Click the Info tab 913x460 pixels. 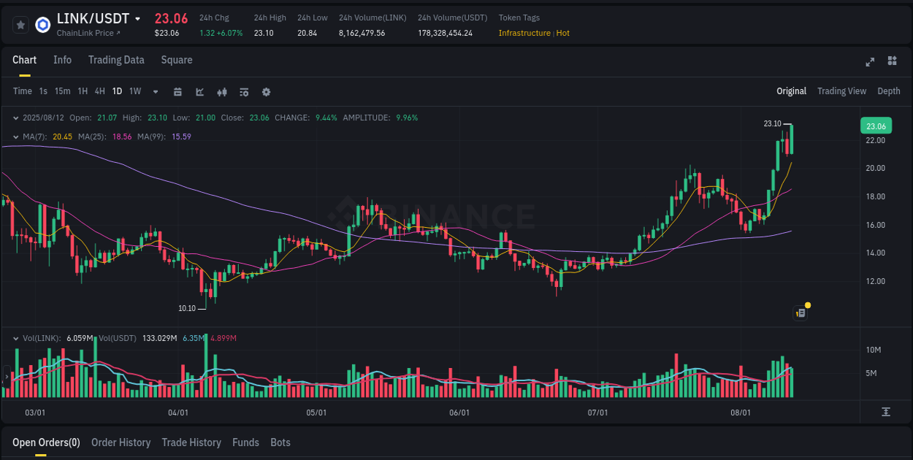(62, 60)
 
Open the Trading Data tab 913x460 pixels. (116, 60)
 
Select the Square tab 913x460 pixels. (177, 60)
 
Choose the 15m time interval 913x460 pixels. (62, 91)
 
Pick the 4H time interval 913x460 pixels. (99, 91)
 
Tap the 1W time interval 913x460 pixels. (135, 91)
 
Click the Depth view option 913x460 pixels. (888, 91)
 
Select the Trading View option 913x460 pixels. (841, 91)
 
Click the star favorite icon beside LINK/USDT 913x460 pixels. (20, 25)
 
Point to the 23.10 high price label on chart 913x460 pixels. (772, 124)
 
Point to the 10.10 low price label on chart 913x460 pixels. (187, 308)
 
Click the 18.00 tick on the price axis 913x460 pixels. (875, 196)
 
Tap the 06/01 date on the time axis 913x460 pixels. (459, 413)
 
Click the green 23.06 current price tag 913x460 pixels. (876, 126)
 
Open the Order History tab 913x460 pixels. (121, 442)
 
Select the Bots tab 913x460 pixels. (280, 442)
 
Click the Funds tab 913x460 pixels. (245, 442)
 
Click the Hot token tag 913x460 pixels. (562, 33)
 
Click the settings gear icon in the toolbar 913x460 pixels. (266, 92)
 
